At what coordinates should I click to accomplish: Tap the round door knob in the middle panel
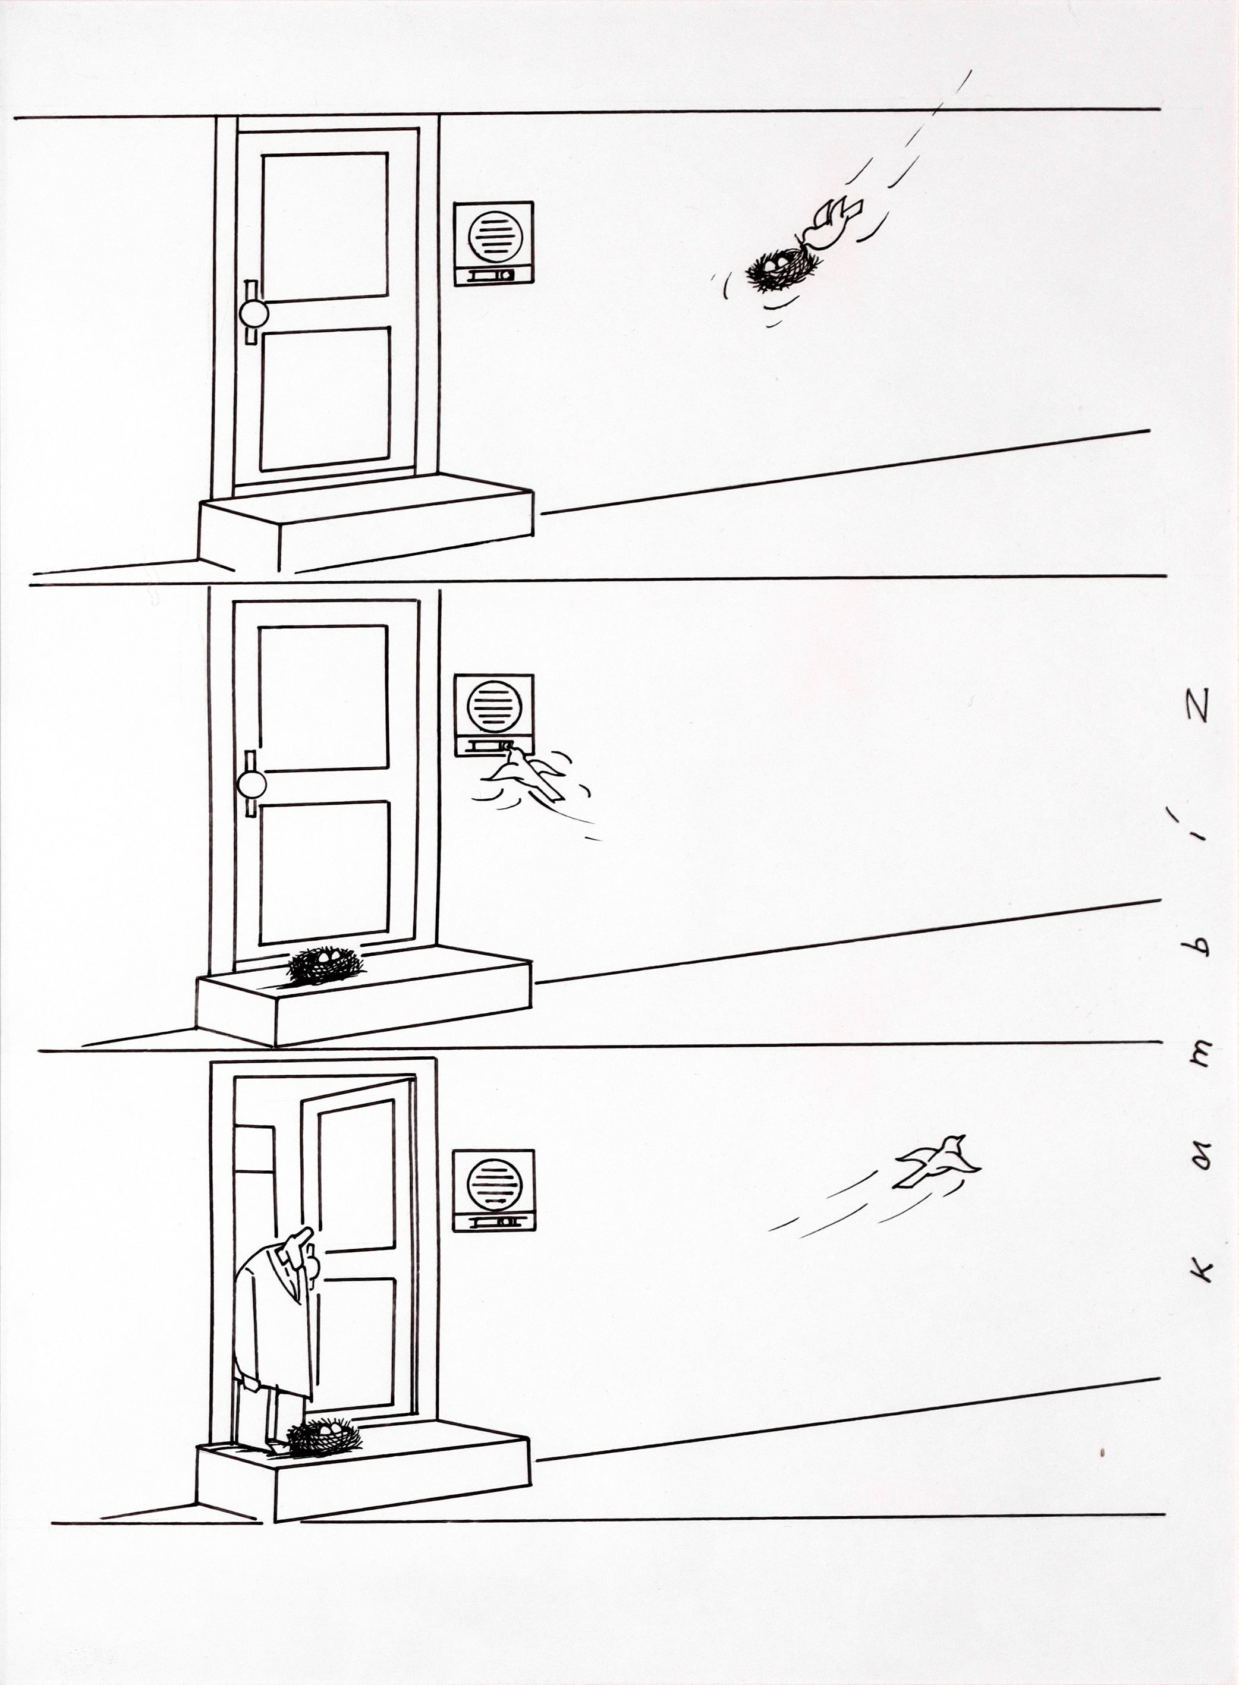(251, 785)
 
